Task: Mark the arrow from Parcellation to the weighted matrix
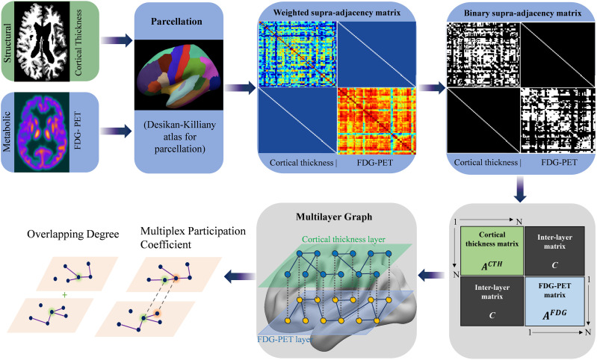[237, 90]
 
